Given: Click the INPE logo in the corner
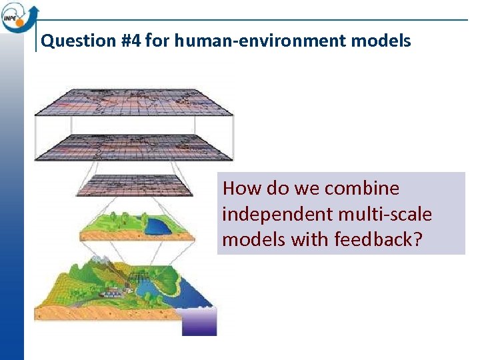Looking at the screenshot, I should (x=19, y=17).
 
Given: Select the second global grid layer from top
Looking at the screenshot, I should (x=134, y=147).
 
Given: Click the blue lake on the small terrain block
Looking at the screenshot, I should (x=158, y=227).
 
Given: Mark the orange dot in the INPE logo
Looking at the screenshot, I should (x=31, y=9).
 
